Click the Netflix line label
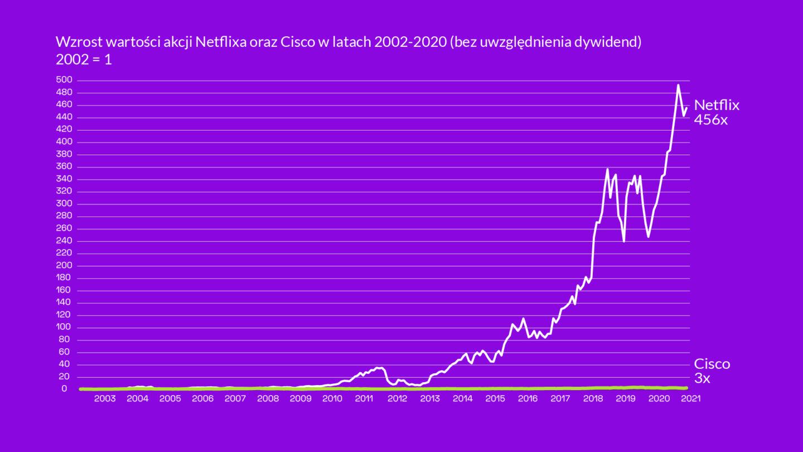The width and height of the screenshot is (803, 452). [x=716, y=105]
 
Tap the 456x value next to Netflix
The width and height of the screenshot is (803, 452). [x=710, y=119]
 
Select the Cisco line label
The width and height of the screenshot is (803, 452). [x=712, y=364]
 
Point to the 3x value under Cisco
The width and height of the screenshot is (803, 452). [x=702, y=379]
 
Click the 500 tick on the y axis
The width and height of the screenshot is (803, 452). [x=64, y=80]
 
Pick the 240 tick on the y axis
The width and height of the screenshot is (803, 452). [x=64, y=241]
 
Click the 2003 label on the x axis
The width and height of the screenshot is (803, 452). [x=105, y=399]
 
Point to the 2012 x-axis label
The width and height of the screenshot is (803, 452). [x=397, y=399]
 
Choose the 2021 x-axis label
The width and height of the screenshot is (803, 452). [x=690, y=399]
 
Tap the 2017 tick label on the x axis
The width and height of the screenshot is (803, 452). [x=560, y=399]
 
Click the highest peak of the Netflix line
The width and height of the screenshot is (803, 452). [x=678, y=85]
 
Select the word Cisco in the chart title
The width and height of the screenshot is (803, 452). [x=297, y=43]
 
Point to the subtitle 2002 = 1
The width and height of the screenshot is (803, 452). [x=84, y=59]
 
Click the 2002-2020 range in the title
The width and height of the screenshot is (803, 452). [x=404, y=43]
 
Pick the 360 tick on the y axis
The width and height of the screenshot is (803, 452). [x=64, y=166]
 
